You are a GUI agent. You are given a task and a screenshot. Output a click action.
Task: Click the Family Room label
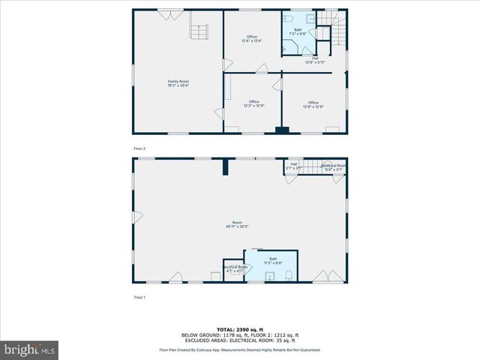point(178,83)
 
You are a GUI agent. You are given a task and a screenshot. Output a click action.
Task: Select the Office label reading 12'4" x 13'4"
point(252,39)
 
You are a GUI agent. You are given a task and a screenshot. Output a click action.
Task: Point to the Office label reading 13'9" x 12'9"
point(313,104)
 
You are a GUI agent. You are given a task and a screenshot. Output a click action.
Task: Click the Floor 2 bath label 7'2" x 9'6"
point(298,31)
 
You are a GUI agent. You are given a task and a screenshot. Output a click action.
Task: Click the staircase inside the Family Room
point(198,32)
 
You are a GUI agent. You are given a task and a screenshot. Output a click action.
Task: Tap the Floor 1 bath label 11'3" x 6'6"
point(272,261)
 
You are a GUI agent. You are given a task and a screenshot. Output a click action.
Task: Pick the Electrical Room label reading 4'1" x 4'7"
point(234,268)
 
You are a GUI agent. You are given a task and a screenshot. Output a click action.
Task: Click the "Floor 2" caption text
point(139,148)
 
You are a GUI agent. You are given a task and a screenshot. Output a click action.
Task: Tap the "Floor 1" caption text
point(139,298)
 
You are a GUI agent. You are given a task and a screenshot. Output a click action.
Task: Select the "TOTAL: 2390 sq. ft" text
point(239,329)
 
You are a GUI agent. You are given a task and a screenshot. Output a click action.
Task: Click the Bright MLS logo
point(30,349)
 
